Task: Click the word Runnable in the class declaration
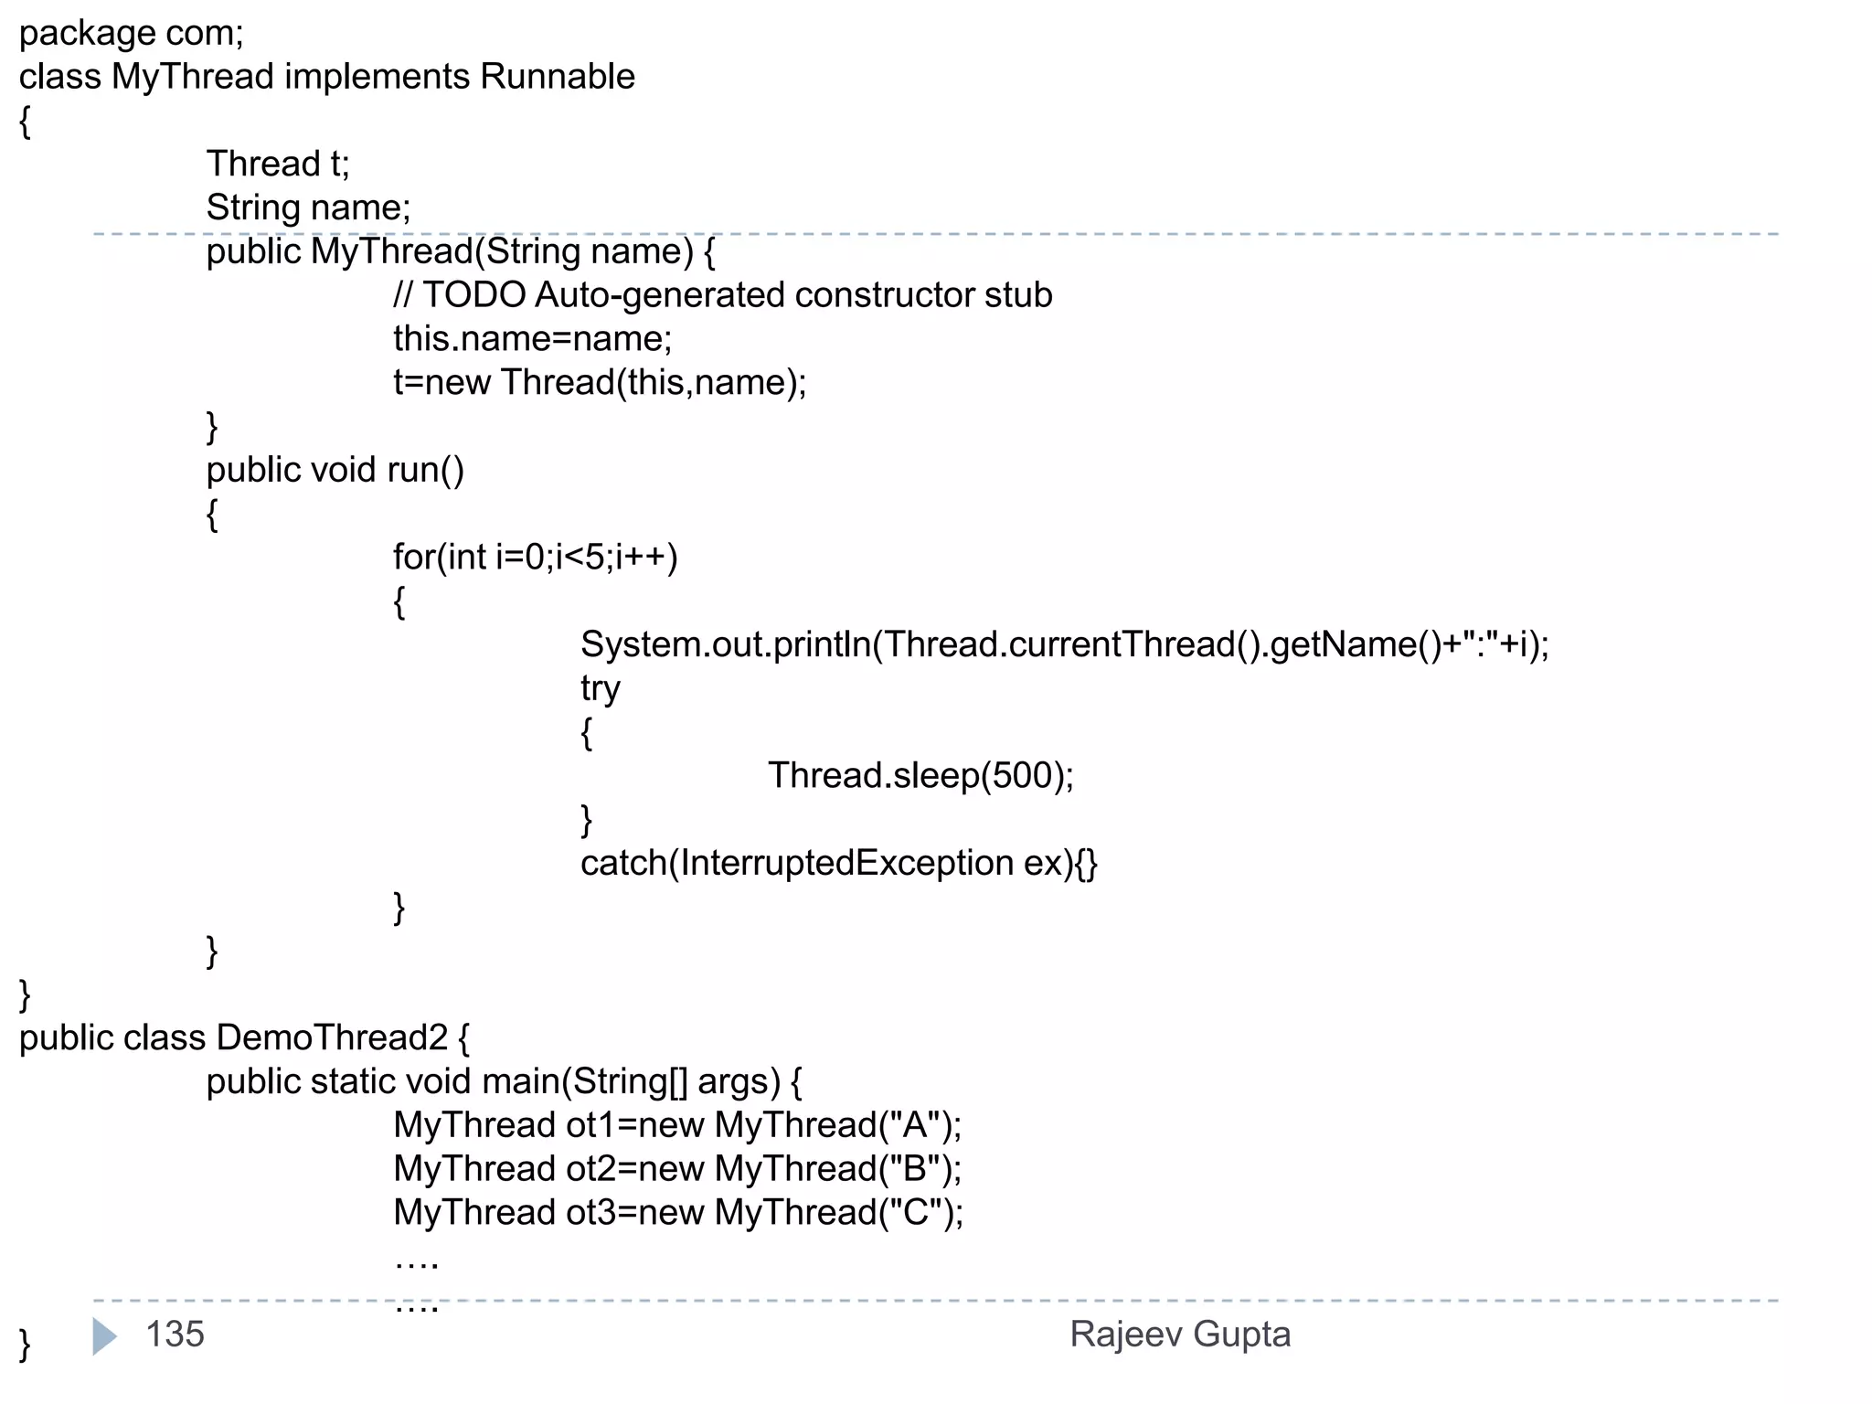point(557,77)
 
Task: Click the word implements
point(377,77)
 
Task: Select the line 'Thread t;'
point(278,165)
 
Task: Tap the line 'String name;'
point(308,208)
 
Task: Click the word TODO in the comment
point(473,295)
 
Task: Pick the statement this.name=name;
point(532,339)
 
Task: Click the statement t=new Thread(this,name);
point(600,383)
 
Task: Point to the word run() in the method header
point(426,470)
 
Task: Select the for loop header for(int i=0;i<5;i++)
point(535,558)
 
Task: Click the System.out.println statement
point(1064,645)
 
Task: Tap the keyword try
point(600,689)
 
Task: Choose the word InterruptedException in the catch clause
point(846,864)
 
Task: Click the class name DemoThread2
point(332,1038)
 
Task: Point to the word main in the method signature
point(520,1082)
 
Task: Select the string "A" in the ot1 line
point(914,1125)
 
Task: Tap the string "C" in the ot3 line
point(915,1213)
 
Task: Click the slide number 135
point(175,1335)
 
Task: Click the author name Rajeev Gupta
point(1180,1335)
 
